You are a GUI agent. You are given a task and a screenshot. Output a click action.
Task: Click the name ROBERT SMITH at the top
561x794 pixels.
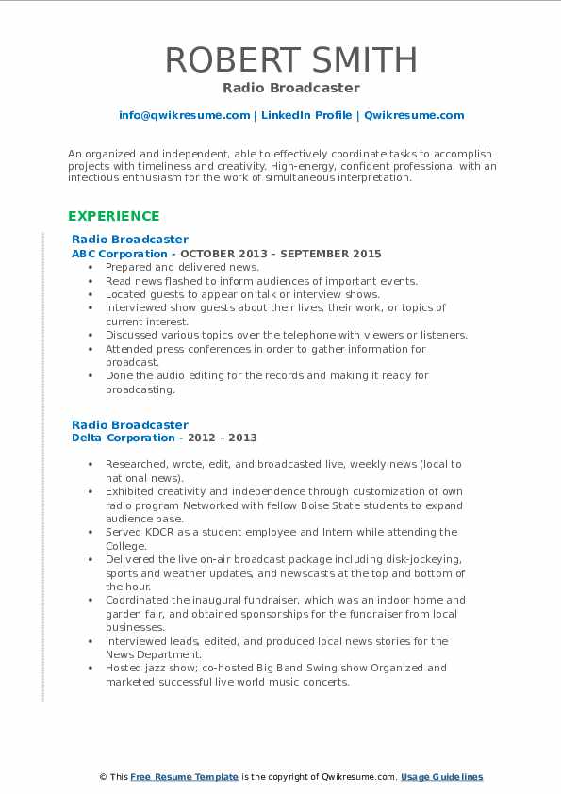[x=291, y=59]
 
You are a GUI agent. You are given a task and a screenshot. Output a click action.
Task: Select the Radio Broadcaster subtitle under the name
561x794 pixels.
[x=291, y=88]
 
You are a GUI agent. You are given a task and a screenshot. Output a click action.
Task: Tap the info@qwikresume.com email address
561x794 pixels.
[x=184, y=115]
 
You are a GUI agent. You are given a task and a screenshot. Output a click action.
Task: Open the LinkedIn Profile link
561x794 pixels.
[x=306, y=115]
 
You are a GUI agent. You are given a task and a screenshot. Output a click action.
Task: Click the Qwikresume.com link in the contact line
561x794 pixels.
[x=414, y=115]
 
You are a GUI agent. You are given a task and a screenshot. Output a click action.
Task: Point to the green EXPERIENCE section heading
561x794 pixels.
[x=113, y=216]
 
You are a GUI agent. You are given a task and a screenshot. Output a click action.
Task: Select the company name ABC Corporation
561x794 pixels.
[x=120, y=254]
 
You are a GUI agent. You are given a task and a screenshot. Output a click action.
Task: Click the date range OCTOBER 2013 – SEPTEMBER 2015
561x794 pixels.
[x=281, y=254]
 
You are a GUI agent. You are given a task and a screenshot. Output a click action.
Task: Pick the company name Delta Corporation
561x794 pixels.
[x=124, y=438]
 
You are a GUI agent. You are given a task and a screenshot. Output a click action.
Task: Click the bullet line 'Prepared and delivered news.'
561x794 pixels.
[x=182, y=267]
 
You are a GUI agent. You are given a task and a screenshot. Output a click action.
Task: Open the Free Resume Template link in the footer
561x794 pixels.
[x=184, y=777]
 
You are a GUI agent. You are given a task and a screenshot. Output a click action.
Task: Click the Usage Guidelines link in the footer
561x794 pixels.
[x=441, y=777]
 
